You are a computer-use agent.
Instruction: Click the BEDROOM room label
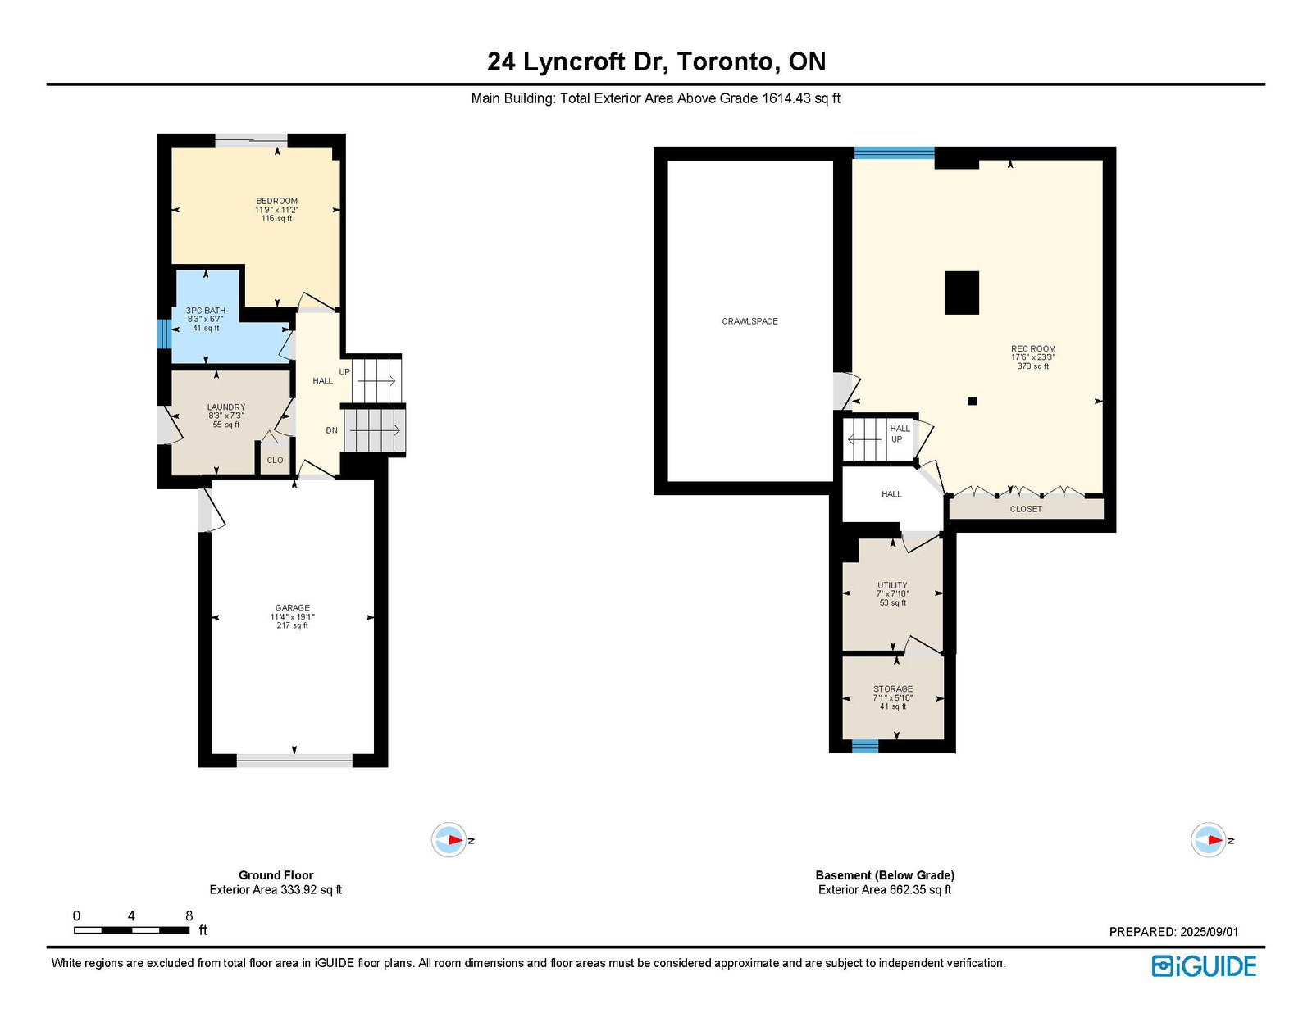pos(276,201)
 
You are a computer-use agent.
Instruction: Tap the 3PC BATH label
pos(205,311)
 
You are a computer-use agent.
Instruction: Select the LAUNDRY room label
pos(226,407)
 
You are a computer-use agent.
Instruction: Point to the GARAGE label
pos(292,608)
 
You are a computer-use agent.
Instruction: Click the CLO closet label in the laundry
pos(275,461)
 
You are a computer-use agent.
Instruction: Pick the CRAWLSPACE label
pos(749,321)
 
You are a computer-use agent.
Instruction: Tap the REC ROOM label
pos(1033,348)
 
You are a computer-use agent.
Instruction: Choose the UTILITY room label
pos(892,585)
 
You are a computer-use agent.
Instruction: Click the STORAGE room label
pos(893,689)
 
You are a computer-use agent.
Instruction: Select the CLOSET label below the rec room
pos(1026,509)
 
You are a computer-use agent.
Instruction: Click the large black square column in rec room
pos(962,293)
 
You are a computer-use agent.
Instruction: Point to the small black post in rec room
pos(972,401)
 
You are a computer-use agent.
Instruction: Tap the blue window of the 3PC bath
pos(162,334)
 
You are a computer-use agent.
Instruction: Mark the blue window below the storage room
pos(864,747)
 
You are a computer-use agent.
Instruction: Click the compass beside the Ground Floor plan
pos(449,840)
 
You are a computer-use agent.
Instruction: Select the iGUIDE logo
pos(1204,966)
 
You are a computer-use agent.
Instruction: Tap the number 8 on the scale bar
pos(189,915)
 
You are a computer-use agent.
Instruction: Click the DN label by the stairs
pos(331,431)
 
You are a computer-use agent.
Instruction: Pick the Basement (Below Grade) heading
pos(885,874)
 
